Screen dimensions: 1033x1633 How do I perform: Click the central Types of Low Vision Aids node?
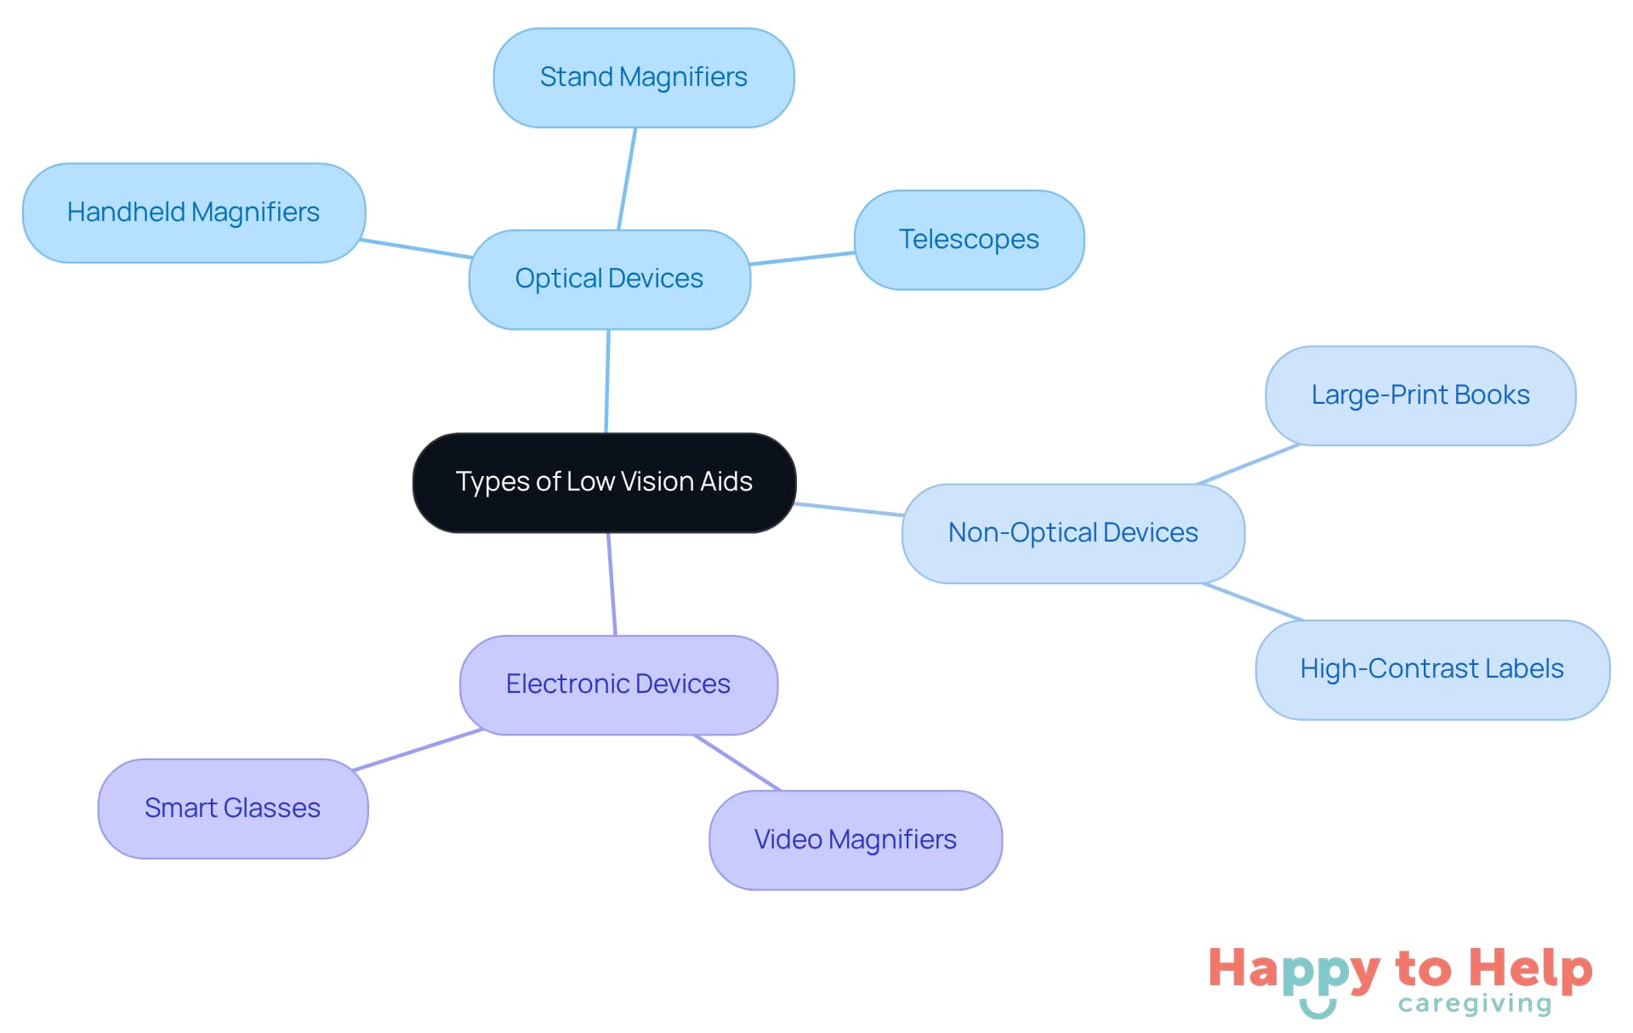coord(604,482)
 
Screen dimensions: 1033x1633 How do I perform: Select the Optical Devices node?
coord(609,279)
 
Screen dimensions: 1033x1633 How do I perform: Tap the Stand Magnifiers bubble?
coord(643,77)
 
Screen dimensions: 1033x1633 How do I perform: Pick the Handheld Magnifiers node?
coord(193,213)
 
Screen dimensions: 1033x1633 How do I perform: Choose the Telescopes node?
coord(969,240)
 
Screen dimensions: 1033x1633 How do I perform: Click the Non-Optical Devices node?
coord(1073,533)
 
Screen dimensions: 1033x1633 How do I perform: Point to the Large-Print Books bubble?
coord(1420,395)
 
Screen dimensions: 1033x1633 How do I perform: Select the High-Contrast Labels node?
coord(1431,669)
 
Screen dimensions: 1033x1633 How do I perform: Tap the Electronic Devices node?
coord(618,684)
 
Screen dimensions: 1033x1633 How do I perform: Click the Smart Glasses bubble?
coord(232,808)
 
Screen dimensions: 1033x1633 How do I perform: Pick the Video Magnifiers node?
coord(855,840)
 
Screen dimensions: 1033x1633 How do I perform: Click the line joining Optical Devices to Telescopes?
coord(802,258)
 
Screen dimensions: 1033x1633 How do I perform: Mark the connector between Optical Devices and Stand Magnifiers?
coord(627,179)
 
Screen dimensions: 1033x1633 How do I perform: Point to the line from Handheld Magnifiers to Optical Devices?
coord(417,248)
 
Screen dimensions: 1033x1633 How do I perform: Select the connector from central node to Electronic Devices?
coord(612,584)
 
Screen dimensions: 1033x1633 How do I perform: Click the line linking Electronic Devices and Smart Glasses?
coord(418,750)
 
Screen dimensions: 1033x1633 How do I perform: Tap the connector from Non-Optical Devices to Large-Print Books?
coord(1249,463)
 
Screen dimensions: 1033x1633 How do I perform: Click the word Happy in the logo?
coord(1294,969)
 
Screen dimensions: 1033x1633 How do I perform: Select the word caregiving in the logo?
coord(1475,1004)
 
